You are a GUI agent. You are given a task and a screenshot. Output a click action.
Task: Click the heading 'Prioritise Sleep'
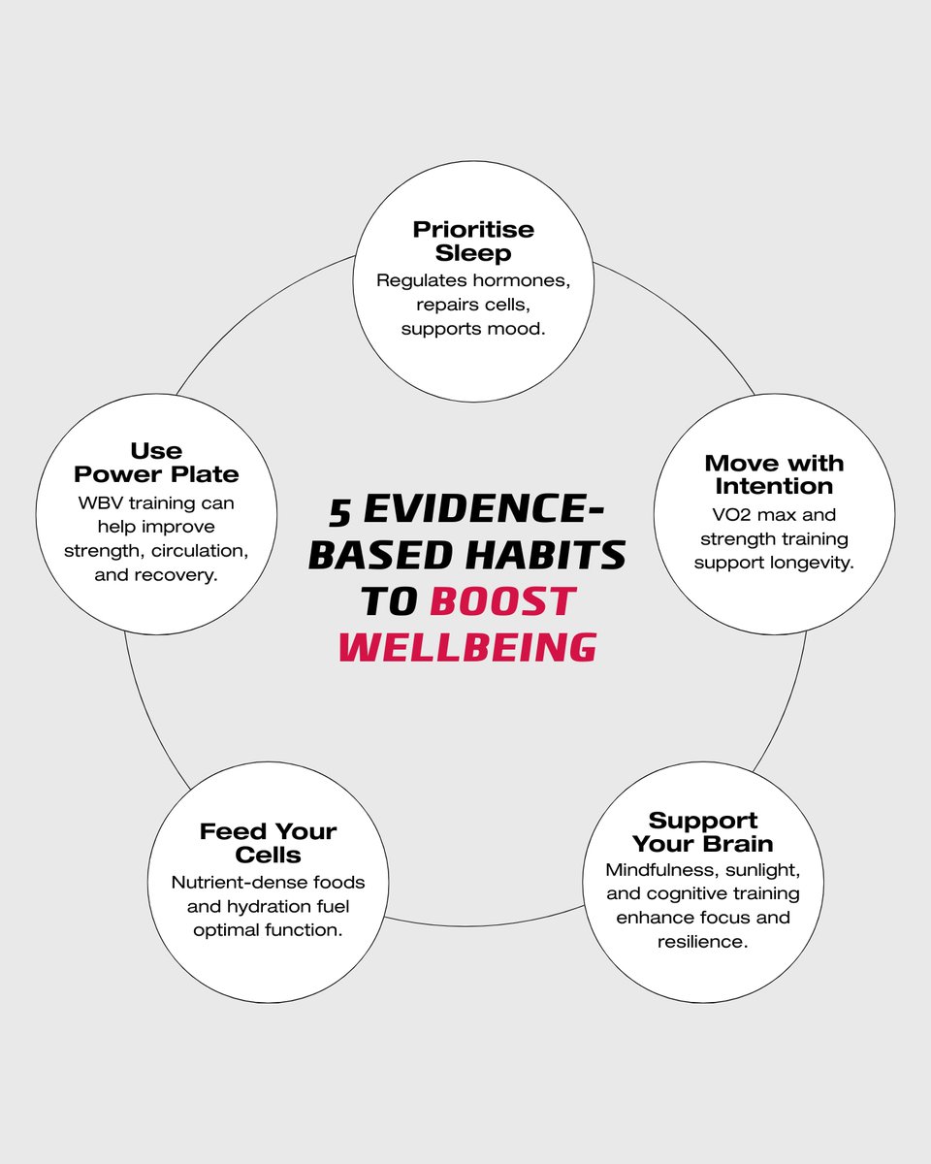(x=473, y=242)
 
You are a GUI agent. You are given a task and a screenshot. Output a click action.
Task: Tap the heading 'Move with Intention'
(x=774, y=474)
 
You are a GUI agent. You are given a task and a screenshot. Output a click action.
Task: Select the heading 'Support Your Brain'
(x=703, y=831)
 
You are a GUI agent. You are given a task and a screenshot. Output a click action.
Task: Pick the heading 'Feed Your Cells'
(x=268, y=843)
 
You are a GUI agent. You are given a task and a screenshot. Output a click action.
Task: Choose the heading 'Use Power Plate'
(x=156, y=463)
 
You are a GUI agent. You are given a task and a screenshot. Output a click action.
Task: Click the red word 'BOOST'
(x=502, y=601)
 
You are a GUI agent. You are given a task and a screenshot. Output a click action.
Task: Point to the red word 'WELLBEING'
(x=466, y=647)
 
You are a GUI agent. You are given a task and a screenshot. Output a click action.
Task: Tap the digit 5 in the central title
(x=338, y=511)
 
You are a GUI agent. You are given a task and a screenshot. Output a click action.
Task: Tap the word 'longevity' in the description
(x=811, y=563)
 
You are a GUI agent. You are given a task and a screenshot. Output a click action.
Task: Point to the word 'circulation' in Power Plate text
(x=196, y=550)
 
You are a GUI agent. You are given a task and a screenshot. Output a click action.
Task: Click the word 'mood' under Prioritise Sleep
(x=520, y=329)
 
